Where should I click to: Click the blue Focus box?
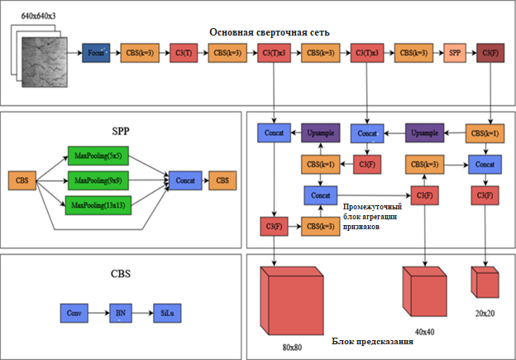point(96,53)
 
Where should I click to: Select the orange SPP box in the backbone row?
point(456,53)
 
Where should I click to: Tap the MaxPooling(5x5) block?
point(95,156)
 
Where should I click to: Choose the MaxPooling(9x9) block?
point(95,180)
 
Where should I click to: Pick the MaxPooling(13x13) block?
point(97,205)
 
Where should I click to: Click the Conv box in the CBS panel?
point(74,314)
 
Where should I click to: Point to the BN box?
point(121,314)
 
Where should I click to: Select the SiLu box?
point(167,314)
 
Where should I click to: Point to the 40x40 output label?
point(425,331)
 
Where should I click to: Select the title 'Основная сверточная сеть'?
point(270,32)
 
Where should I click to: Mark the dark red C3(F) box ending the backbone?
point(490,53)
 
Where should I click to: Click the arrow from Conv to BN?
point(98,314)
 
